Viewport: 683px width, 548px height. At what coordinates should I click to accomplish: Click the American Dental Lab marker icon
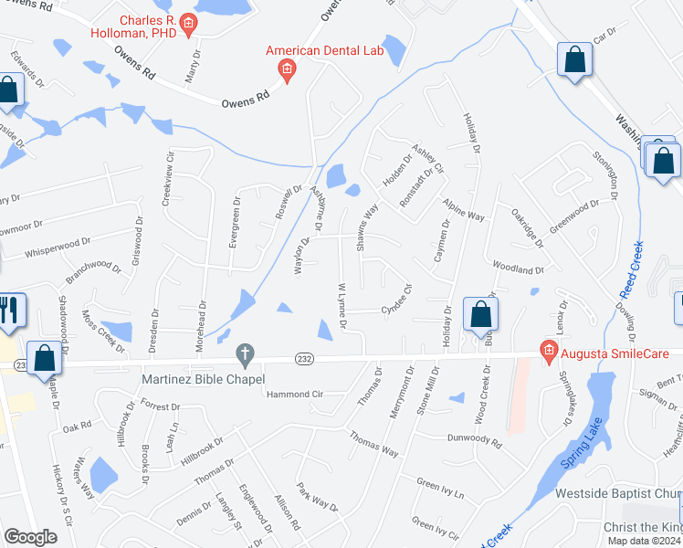click(x=287, y=69)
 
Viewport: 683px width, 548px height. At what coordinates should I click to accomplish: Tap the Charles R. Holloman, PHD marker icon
click(x=189, y=25)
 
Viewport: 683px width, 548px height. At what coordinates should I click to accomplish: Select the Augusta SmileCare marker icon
click(x=549, y=350)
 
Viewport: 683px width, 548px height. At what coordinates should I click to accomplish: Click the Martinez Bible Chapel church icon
click(x=244, y=353)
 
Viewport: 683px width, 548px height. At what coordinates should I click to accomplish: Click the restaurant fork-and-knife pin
click(x=10, y=311)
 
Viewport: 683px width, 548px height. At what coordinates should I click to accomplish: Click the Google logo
click(x=30, y=537)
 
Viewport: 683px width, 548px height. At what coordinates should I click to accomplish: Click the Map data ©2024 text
click(x=643, y=541)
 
